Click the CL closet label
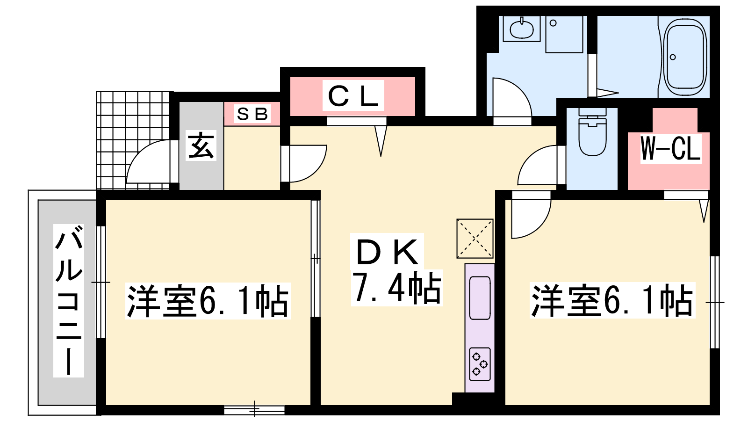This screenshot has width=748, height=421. (x=353, y=96)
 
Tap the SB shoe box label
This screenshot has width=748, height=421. (x=252, y=114)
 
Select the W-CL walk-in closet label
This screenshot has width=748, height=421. (x=670, y=149)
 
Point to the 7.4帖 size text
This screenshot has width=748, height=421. (x=397, y=288)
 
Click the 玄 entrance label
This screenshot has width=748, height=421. (x=201, y=145)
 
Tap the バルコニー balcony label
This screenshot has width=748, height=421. (x=69, y=300)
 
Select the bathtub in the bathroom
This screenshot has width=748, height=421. (x=685, y=57)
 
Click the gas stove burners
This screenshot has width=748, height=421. (x=480, y=364)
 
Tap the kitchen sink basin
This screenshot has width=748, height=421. (x=480, y=298)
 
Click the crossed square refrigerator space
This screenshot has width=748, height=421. (x=475, y=239)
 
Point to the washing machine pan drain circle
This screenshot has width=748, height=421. (x=553, y=23)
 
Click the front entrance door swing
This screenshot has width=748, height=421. (x=148, y=162)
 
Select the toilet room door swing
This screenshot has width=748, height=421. (x=537, y=165)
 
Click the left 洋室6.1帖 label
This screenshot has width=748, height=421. (x=208, y=300)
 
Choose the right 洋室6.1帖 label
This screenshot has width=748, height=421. (x=612, y=300)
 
